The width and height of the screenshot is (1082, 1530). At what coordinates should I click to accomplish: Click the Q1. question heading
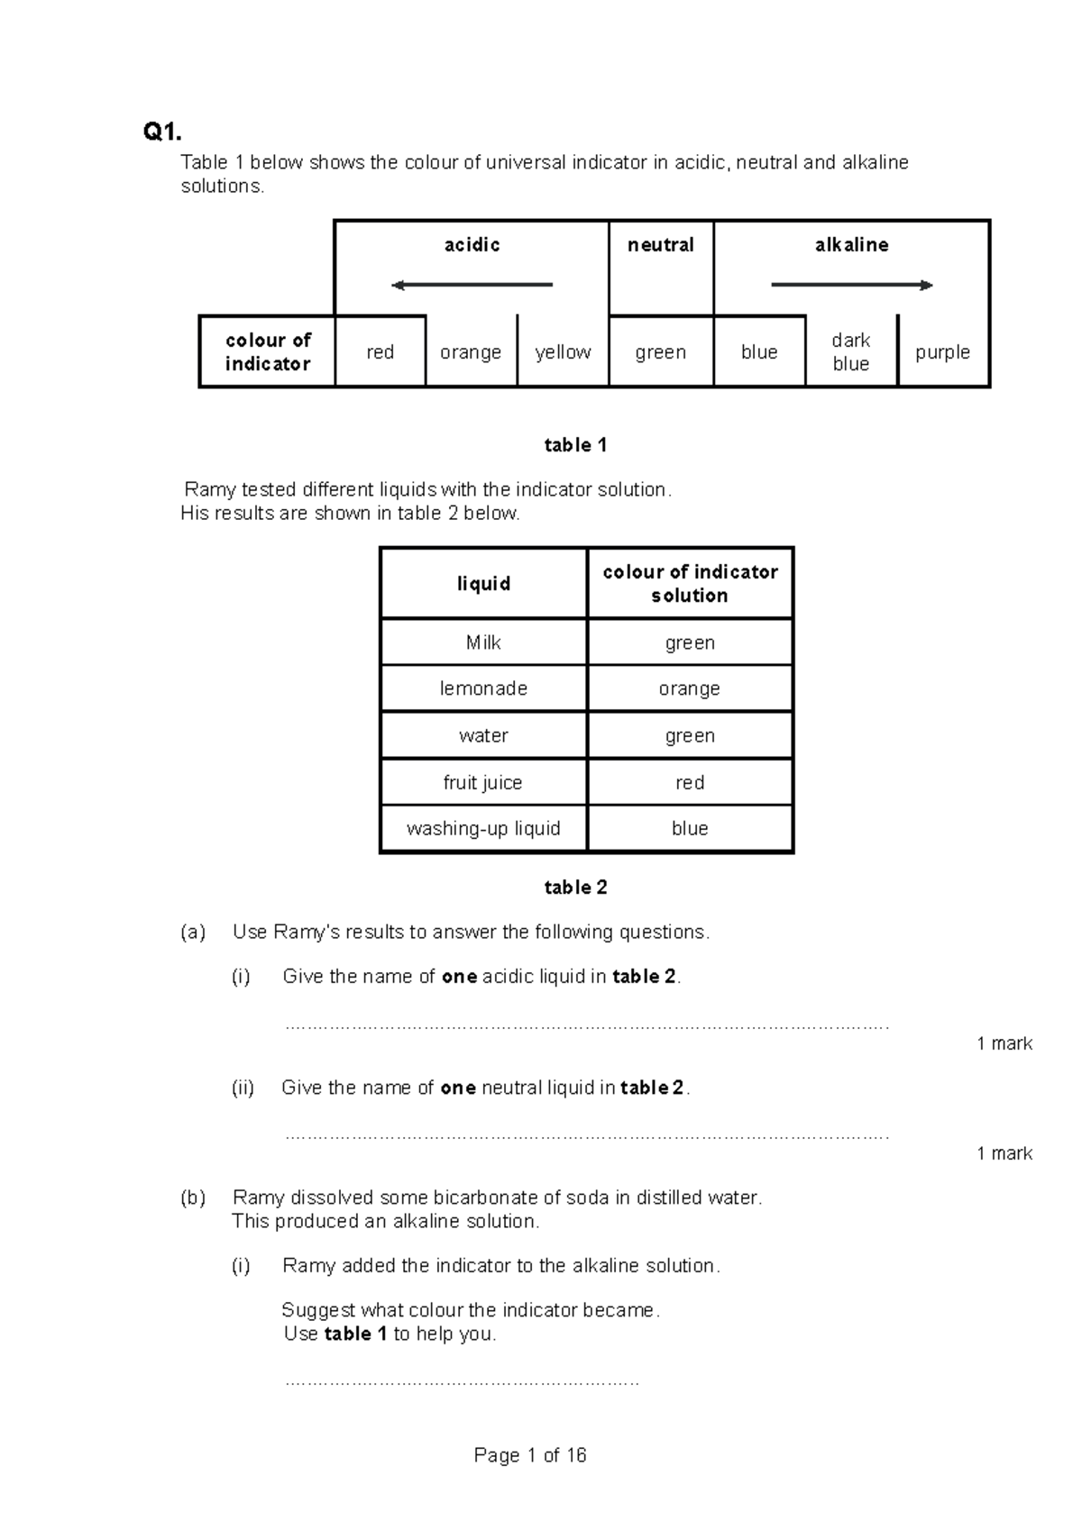(162, 133)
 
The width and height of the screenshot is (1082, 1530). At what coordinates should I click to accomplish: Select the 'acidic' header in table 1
(472, 245)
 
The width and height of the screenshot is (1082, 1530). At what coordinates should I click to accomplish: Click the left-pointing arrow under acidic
(471, 286)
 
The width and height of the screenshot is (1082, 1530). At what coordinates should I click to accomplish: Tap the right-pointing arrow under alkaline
(852, 286)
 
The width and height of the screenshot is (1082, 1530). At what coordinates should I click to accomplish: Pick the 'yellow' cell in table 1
(563, 352)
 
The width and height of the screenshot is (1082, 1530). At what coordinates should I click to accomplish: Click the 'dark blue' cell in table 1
(851, 352)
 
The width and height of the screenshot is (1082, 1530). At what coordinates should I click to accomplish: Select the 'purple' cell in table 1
(942, 352)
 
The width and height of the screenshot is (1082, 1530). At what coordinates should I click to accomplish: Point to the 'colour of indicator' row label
(268, 352)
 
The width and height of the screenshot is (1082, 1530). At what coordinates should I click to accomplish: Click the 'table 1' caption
(575, 445)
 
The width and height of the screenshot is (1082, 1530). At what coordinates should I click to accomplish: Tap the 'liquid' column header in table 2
(483, 584)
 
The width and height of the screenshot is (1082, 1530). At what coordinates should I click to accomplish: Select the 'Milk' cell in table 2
(483, 642)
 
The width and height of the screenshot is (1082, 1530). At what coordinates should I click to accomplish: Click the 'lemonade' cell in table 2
(483, 689)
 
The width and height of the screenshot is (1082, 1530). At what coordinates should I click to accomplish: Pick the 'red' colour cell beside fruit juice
(690, 783)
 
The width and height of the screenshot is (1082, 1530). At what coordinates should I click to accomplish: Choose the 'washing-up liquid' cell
(483, 829)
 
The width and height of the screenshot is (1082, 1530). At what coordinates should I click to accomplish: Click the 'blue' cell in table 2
(690, 829)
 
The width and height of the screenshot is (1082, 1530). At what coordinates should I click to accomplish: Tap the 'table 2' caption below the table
(575, 888)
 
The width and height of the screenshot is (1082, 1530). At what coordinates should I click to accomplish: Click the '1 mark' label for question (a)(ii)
(1004, 1153)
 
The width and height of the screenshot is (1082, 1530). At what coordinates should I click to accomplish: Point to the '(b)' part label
(193, 1198)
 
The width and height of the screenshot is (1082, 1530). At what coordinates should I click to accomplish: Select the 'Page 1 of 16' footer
(530, 1455)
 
